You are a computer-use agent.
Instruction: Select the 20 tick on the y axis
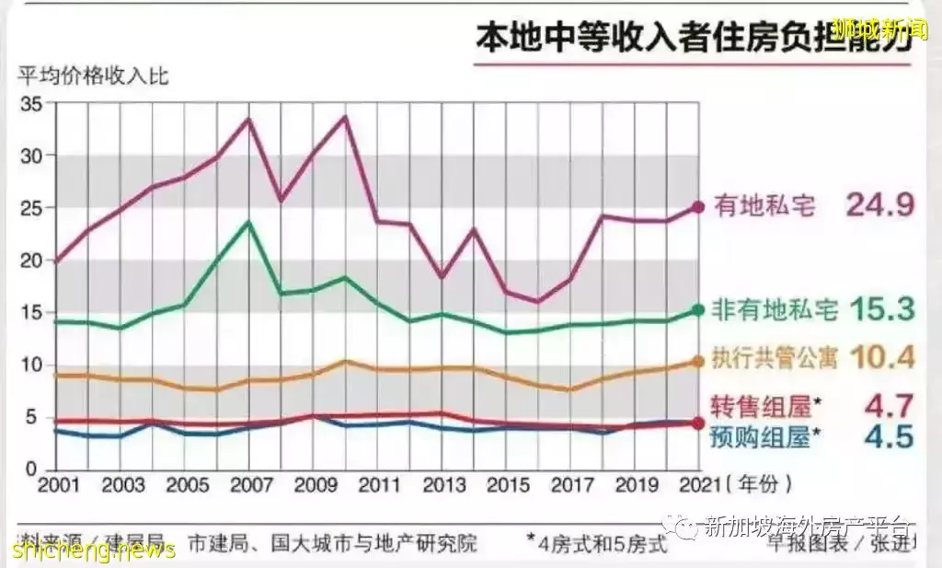pyautogui.click(x=31, y=261)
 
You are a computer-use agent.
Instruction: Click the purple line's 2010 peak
pyautogui.click(x=345, y=117)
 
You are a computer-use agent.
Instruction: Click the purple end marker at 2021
pyautogui.click(x=698, y=207)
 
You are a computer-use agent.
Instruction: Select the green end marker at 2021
pyautogui.click(x=698, y=310)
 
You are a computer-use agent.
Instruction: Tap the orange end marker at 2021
pyautogui.click(x=698, y=362)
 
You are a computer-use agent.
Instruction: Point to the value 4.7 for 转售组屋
pyautogui.click(x=889, y=404)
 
